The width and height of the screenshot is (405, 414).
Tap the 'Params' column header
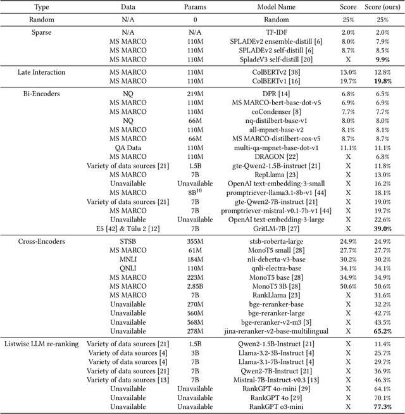195,7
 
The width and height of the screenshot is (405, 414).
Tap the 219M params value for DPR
195,94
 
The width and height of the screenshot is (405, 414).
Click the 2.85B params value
195,286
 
